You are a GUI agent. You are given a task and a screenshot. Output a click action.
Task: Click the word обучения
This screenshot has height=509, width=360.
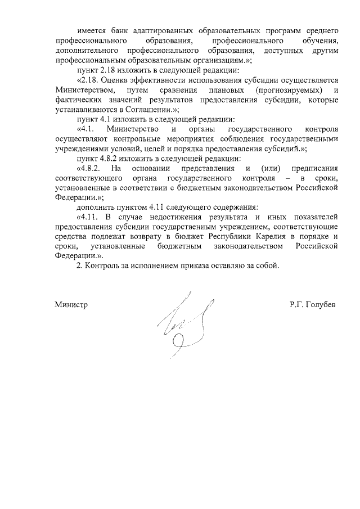click(x=316, y=41)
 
